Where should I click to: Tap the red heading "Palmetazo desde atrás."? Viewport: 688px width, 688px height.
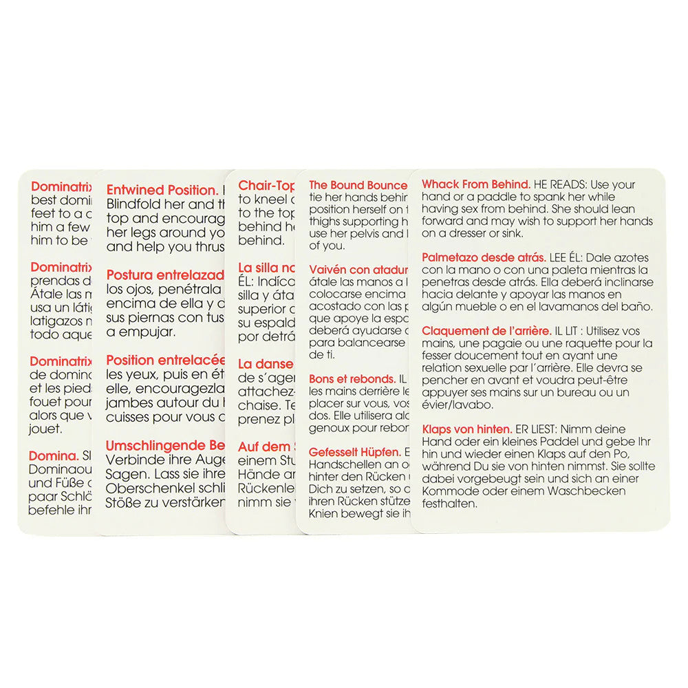coord(480,257)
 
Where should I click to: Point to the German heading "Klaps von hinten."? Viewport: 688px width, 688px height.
coord(466,429)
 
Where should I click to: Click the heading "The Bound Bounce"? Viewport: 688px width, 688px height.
coord(358,185)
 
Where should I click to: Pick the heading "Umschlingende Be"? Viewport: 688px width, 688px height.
coord(165,445)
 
